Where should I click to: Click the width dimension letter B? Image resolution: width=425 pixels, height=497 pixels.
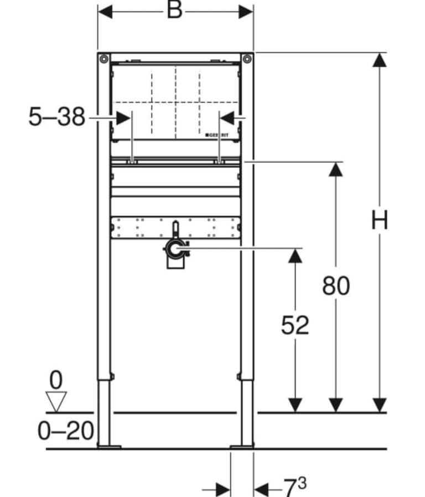tap(174, 10)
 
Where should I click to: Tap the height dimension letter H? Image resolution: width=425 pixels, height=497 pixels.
tap(379, 220)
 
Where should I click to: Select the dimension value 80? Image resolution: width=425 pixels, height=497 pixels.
tap(336, 285)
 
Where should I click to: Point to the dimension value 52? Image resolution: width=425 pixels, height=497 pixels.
tap(295, 325)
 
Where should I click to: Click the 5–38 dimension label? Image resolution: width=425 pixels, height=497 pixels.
tap(57, 117)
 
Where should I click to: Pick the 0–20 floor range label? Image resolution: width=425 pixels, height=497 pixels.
tap(66, 431)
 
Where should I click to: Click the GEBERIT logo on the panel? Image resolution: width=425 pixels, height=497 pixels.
tap(217, 135)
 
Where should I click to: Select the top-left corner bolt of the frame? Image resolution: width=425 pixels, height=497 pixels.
tap(104, 59)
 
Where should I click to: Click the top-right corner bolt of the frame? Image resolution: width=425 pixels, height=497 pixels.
tap(247, 59)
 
